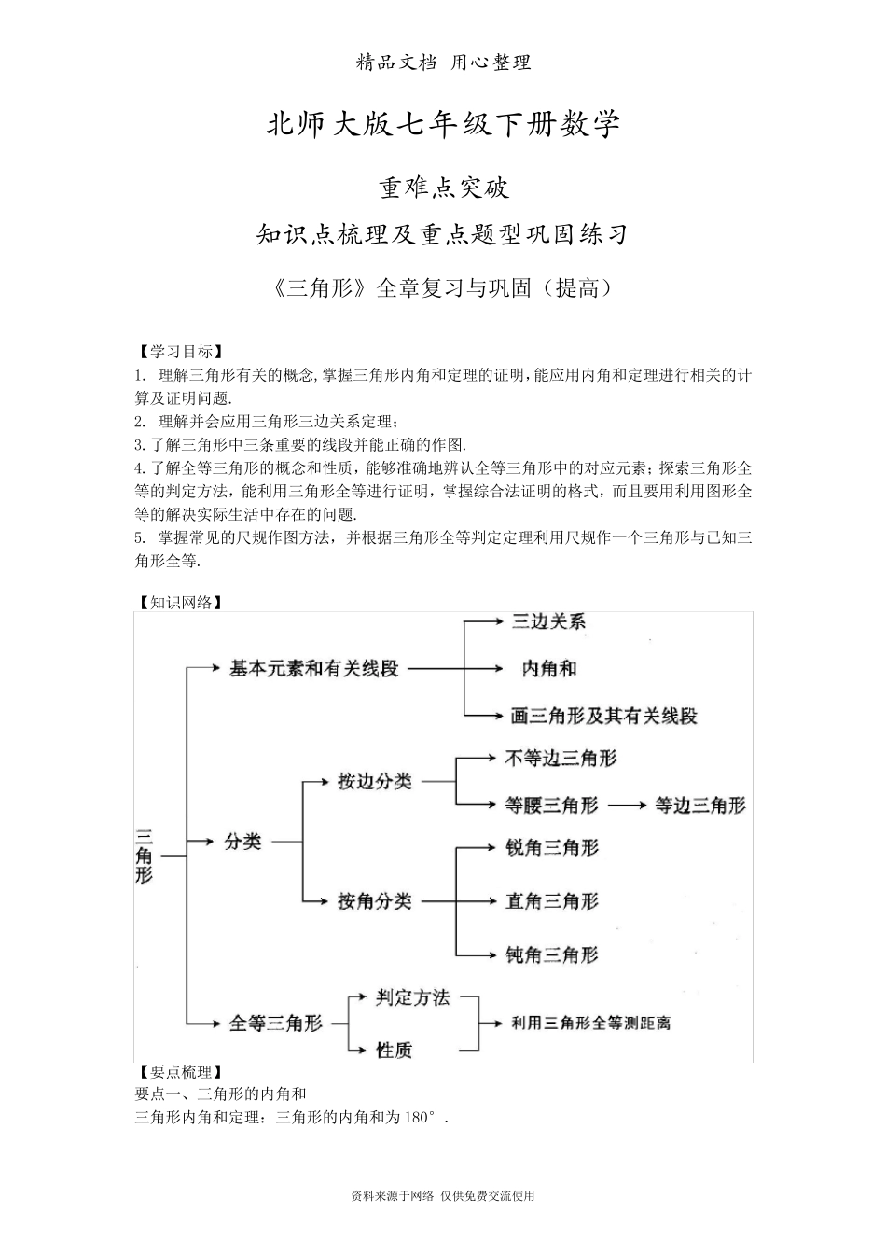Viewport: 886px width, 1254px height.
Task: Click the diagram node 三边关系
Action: pyautogui.click(x=547, y=621)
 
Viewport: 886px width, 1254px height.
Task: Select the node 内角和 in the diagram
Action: pyautogui.click(x=548, y=668)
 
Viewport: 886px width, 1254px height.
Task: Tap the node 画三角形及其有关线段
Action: pyautogui.click(x=603, y=717)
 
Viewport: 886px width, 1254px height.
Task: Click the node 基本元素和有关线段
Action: pyautogui.click(x=313, y=668)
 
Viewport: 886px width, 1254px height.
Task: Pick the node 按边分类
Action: pyautogui.click(x=374, y=781)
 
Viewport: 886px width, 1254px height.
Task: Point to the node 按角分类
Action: pyautogui.click(x=374, y=900)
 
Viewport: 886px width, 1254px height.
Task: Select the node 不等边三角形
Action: pyautogui.click(x=561, y=759)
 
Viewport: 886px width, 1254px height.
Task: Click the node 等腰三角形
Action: pyautogui.click(x=551, y=804)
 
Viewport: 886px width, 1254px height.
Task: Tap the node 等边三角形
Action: pyautogui.click(x=699, y=804)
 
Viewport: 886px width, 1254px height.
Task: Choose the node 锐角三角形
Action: pyautogui.click(x=551, y=847)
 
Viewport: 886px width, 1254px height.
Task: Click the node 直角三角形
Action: pyautogui.click(x=551, y=900)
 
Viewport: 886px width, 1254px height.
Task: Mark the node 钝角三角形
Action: pyautogui.click(x=551, y=954)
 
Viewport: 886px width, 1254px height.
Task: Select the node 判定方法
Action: pyautogui.click(x=412, y=997)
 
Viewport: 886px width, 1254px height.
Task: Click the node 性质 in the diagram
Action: pyautogui.click(x=394, y=1050)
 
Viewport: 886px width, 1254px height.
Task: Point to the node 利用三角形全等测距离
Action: pyautogui.click(x=590, y=1023)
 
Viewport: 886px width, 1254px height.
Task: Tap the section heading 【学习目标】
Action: pyautogui.click(x=179, y=352)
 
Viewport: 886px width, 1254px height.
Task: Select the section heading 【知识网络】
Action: pyautogui.click(x=179, y=602)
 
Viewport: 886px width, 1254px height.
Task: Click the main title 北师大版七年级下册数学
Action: pyautogui.click(x=443, y=125)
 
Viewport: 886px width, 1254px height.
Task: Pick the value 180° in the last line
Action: pyautogui.click(x=419, y=1118)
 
